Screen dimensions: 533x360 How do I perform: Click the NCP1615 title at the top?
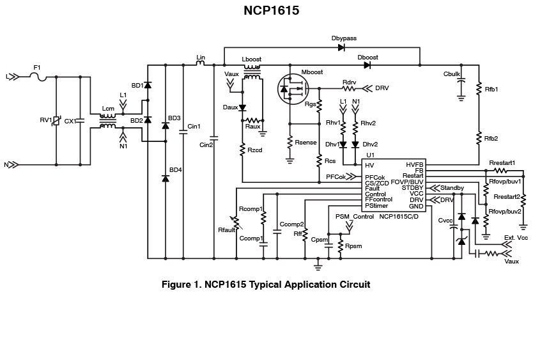pos(271,10)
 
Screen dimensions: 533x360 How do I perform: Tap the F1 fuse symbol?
pos(38,77)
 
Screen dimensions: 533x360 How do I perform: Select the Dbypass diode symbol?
pos(341,47)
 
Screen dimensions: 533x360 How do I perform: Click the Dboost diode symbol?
pos(367,65)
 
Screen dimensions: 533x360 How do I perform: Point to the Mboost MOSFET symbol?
pos(293,89)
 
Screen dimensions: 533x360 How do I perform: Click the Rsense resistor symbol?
pos(290,142)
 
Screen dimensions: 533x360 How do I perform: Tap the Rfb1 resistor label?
pos(491,90)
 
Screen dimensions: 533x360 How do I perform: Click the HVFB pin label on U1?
pos(414,165)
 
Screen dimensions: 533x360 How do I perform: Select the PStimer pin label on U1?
pos(376,206)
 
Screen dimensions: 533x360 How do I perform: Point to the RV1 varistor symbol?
pos(56,120)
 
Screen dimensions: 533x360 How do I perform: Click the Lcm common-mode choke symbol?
pos(108,121)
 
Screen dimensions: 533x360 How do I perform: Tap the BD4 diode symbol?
pos(166,178)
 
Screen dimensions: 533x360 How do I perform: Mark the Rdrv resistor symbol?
pos(348,89)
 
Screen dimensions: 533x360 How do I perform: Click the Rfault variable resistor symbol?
pos(236,223)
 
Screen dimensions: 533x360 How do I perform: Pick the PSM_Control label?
pos(355,217)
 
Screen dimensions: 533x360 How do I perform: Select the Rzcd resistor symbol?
pos(242,150)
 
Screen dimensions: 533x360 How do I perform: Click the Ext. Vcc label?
pos(516,237)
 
